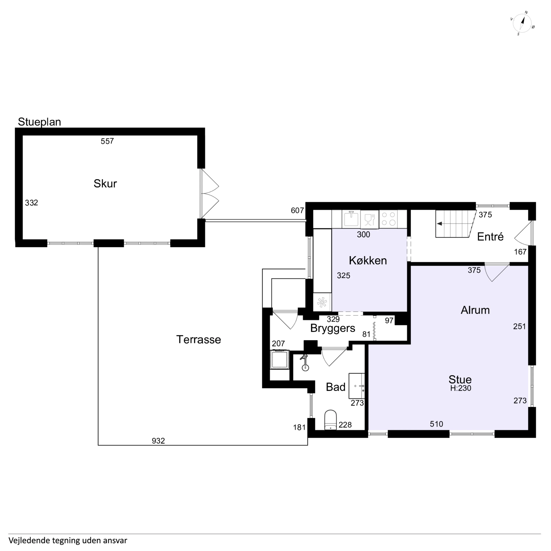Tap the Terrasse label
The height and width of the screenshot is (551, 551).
199,340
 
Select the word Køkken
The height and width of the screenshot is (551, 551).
368,261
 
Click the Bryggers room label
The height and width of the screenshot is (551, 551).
333,328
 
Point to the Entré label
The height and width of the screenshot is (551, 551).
490,237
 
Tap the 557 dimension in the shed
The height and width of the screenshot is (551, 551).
107,141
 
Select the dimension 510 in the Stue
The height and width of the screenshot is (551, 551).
436,424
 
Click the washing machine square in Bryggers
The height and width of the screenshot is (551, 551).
280,360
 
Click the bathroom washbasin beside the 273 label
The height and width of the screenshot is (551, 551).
356,386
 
